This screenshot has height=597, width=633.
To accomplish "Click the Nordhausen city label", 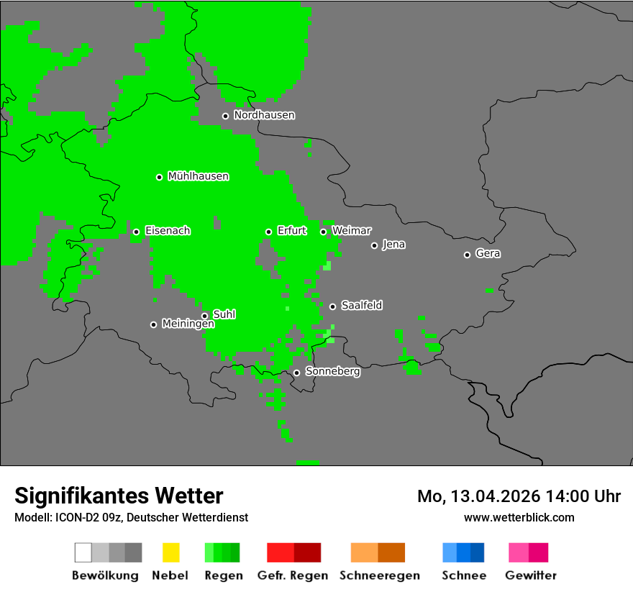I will [264, 115].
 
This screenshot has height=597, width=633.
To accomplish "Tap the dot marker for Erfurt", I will [268, 232].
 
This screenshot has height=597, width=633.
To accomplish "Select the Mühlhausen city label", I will [198, 176].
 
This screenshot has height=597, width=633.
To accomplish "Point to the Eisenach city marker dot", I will [136, 232].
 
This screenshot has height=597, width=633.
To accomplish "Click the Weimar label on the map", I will [351, 231].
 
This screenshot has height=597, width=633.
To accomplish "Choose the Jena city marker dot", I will [374, 245].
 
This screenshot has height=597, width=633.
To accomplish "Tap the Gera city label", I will [488, 254].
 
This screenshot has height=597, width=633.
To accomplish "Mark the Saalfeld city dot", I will [332, 306].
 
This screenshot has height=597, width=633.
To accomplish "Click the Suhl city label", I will [224, 314].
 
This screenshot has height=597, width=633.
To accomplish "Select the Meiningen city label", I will [188, 324].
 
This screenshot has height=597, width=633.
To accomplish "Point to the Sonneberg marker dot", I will [296, 373].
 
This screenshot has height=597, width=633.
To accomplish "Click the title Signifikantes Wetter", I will [119, 496].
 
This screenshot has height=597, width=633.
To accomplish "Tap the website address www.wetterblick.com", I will [519, 517].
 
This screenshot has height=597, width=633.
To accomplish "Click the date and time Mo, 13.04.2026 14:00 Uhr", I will [519, 496].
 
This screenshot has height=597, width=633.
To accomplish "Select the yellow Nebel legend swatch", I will [170, 552].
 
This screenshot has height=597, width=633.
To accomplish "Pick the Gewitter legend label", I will [530, 575].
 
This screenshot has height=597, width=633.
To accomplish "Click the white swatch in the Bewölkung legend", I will [83, 552].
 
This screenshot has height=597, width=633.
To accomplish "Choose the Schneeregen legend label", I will [379, 575].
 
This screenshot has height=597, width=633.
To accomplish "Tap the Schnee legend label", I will [463, 575].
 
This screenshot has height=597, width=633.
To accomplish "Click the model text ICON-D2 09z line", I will [131, 517].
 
